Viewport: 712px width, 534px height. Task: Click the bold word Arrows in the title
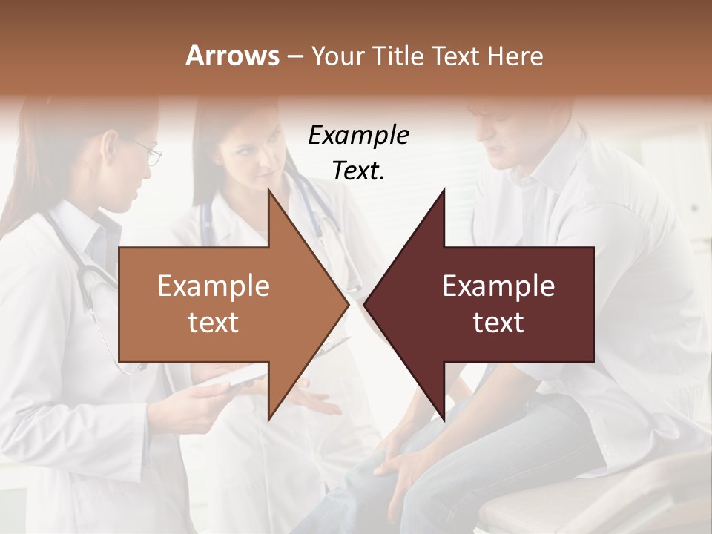tap(231, 56)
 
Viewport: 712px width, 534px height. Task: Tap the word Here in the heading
tap(515, 56)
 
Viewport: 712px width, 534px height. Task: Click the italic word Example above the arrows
tap(358, 136)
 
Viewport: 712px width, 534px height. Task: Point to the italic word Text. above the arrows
tap(358, 171)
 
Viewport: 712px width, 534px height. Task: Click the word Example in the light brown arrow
tap(214, 286)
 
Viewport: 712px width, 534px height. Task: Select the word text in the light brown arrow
tap(214, 323)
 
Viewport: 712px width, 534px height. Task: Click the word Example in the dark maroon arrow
tap(498, 286)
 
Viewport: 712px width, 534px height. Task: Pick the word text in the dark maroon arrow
tap(498, 323)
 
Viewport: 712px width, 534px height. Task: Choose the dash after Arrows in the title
tap(294, 56)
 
